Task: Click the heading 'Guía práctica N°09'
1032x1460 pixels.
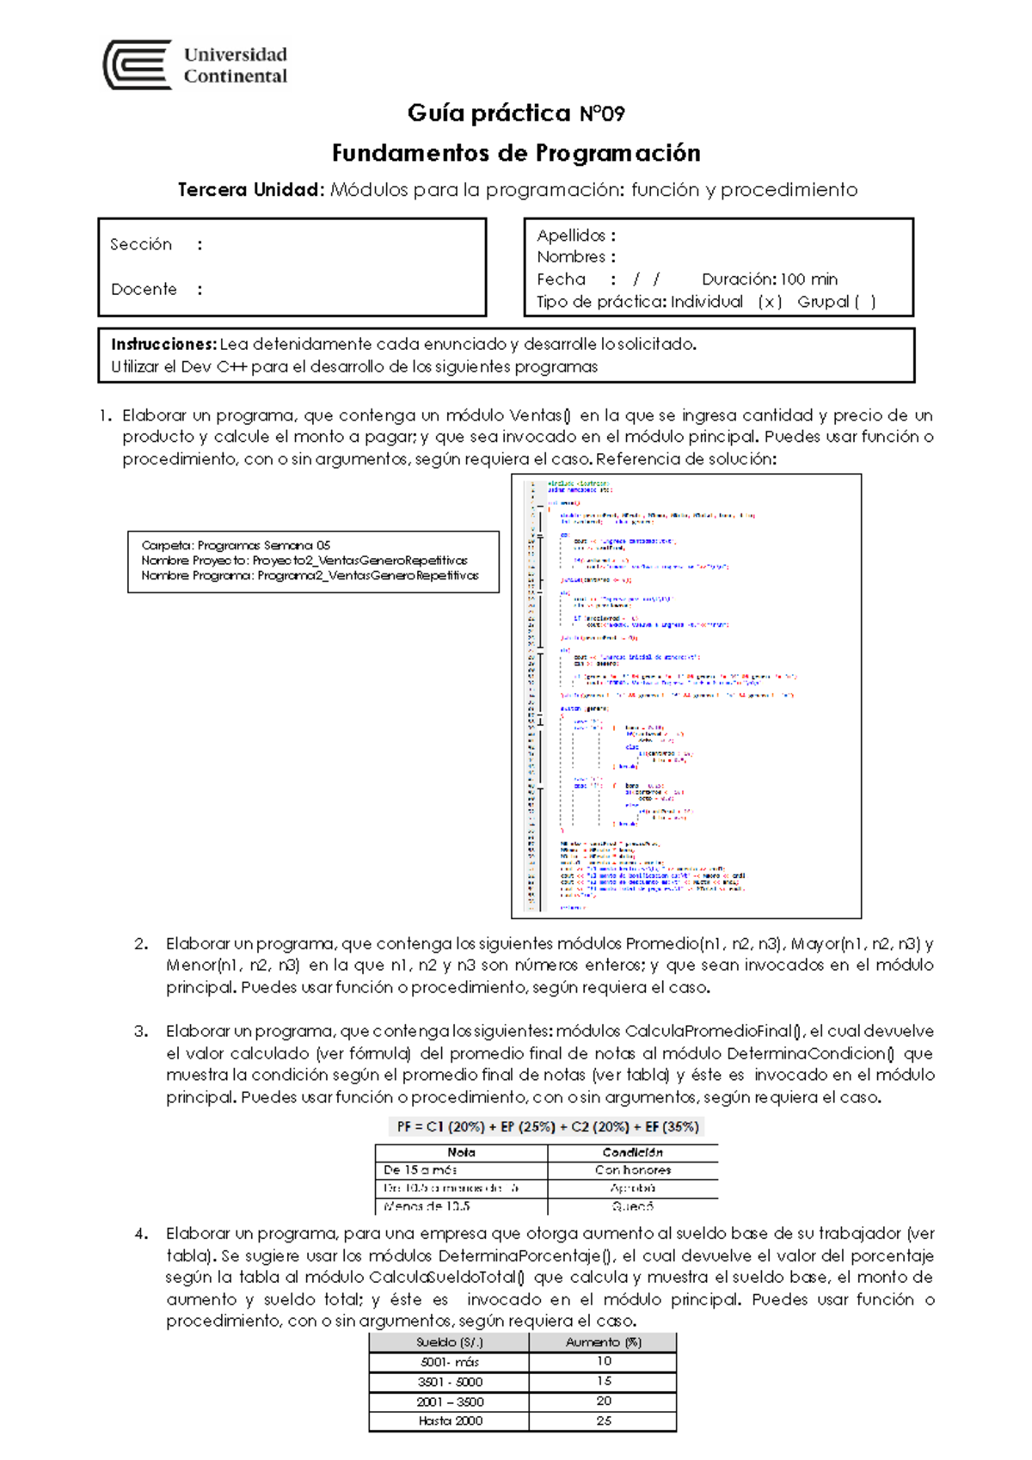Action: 516,113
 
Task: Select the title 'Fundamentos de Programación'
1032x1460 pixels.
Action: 516,153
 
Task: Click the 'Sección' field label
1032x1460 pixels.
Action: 141,244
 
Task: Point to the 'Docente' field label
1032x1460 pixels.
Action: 144,290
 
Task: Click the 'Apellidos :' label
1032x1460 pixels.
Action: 575,236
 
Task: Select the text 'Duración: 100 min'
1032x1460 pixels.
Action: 769,279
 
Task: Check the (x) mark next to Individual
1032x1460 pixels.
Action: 770,302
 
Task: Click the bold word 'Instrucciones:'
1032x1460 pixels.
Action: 163,344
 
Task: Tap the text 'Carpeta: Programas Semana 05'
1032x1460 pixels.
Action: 236,545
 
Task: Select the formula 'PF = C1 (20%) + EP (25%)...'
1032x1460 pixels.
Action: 548,1126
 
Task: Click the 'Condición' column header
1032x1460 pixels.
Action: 632,1152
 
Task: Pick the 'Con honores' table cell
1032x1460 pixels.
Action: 632,1170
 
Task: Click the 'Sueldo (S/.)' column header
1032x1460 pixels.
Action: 449,1342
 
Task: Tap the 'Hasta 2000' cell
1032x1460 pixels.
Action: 450,1420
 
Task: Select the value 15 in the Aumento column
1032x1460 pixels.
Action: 604,1381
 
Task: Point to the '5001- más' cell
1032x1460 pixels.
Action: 450,1362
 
